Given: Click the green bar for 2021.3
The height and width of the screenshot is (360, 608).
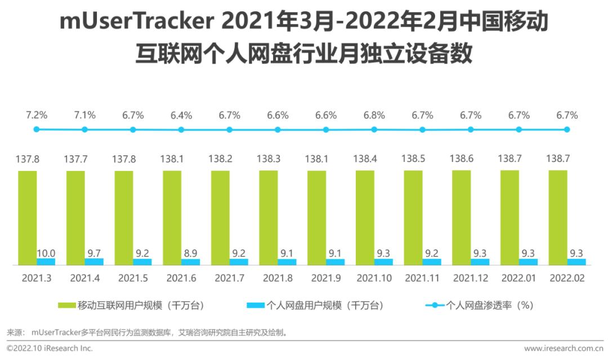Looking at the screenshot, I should tap(28, 217).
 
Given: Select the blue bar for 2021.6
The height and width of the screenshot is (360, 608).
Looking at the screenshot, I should tap(190, 262).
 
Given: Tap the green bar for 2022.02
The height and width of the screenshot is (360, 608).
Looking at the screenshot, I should tap(558, 217).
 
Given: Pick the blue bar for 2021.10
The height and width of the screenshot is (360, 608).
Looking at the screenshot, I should tap(383, 262).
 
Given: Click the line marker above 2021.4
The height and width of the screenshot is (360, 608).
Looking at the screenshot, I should tap(84, 129).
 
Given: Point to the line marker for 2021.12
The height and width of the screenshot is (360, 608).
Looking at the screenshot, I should tap(471, 129).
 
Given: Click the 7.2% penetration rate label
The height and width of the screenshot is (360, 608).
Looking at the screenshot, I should tap(37, 115).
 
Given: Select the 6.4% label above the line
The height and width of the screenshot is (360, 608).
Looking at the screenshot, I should tap(181, 115).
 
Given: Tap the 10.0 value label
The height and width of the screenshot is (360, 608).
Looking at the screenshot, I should tap(46, 253).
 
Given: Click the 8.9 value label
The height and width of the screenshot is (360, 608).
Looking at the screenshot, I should tap(190, 253).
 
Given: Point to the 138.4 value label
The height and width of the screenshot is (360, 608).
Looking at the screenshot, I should tap(365, 159).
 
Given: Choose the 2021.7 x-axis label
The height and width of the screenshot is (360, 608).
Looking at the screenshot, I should tap(229, 278).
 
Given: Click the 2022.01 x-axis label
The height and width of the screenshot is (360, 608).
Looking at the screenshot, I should tap(519, 278).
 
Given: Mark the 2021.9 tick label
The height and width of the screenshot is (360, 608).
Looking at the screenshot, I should tap(326, 278).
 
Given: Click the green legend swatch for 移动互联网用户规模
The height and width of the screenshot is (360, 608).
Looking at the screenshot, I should tap(66, 305).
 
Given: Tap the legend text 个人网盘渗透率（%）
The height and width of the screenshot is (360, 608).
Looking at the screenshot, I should tap(489, 305).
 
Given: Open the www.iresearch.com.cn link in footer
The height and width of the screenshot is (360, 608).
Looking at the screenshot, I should tap(562, 349).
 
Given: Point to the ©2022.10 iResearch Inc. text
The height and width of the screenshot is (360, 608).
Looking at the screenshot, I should tap(50, 349).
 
